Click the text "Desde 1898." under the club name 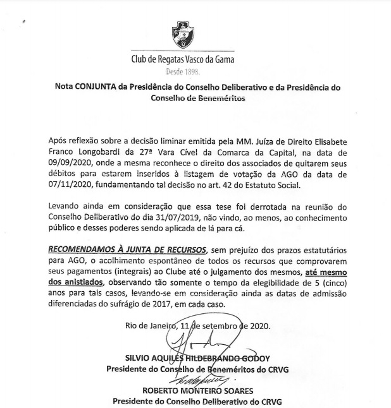point(182,72)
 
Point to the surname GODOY point(254,359)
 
